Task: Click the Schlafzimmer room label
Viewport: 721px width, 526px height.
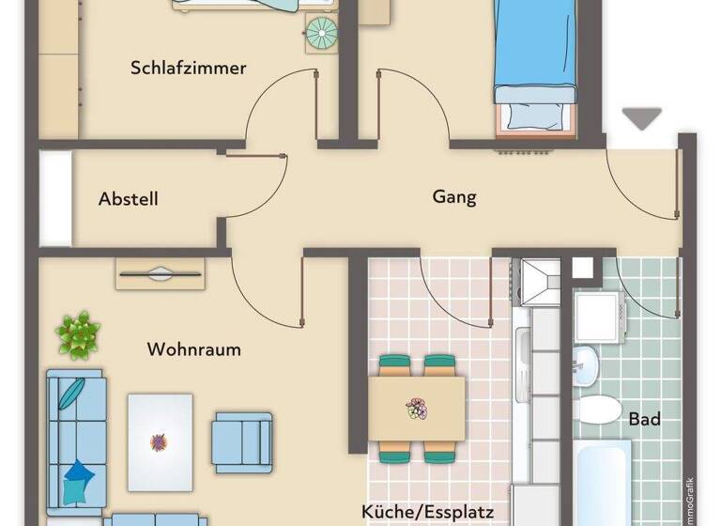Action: coord(189,68)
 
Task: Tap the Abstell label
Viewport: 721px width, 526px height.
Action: coord(128,199)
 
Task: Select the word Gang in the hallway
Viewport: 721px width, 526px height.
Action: coord(454,197)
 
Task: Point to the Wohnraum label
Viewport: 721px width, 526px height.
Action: coord(193,349)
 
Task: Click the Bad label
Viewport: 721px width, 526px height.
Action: coord(644,419)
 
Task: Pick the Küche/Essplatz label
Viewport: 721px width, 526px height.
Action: coord(434,512)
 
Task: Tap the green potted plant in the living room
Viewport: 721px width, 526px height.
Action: coord(78,334)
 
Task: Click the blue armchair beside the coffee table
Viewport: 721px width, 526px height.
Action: coord(241,441)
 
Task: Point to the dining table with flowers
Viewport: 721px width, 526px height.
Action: coord(416,409)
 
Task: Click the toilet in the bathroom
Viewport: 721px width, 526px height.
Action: coord(598,409)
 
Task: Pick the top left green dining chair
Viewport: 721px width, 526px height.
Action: coord(394,363)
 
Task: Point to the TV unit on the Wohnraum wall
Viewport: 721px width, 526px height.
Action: coord(160,273)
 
